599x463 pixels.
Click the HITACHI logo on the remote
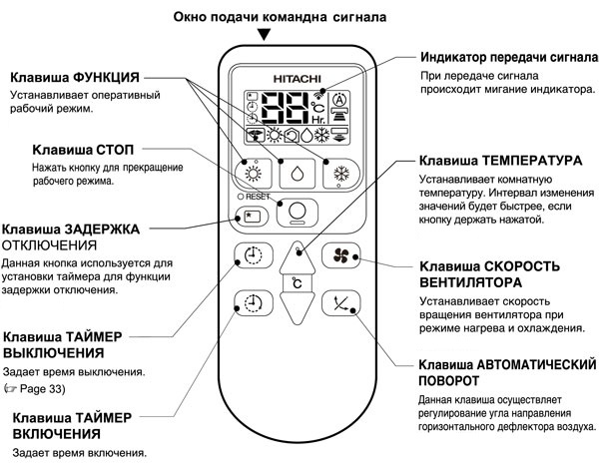pyautogui.click(x=299, y=77)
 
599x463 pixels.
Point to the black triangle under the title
pyautogui.click(x=264, y=37)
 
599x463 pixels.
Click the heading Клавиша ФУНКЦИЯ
pyautogui.click(x=75, y=78)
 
